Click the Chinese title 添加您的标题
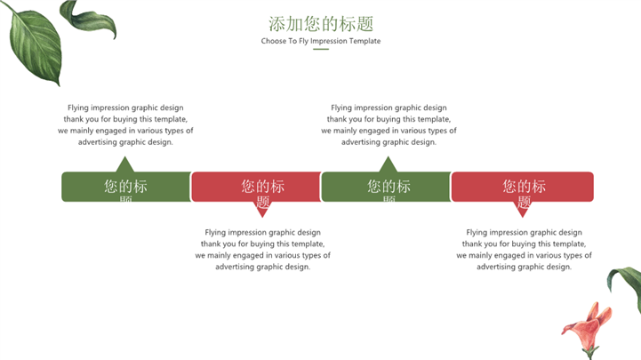[320, 23]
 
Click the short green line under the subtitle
[321, 50]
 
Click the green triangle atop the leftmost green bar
[124, 165]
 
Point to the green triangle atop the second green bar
[387, 165]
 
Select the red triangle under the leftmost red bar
[262, 210]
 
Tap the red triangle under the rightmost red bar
[523, 210]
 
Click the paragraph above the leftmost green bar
[125, 124]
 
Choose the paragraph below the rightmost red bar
[524, 249]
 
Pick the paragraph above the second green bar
[389, 124]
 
